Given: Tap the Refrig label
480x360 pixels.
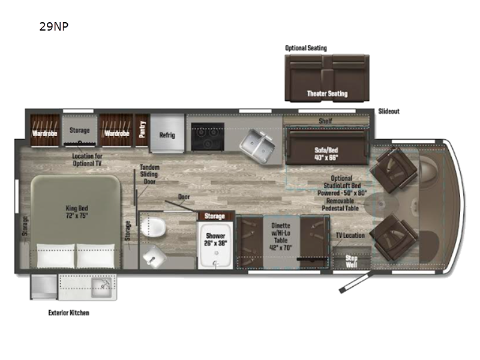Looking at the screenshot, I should pos(167,134).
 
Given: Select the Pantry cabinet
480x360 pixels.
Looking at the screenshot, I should pos(142,130).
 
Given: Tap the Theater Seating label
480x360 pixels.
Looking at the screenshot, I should pos(327,94).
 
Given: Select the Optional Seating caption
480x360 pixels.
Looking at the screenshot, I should pos(306,47).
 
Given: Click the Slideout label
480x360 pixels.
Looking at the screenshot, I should pos(389,112).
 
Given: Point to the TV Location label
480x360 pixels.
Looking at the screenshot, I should pos(350,235).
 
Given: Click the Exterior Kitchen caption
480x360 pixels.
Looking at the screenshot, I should pos(69,313).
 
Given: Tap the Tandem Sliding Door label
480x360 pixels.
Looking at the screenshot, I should pos(149,175).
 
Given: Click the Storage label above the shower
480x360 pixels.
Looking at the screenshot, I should pos(215,216).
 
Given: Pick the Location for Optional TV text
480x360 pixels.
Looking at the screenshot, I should pos(87,158).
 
